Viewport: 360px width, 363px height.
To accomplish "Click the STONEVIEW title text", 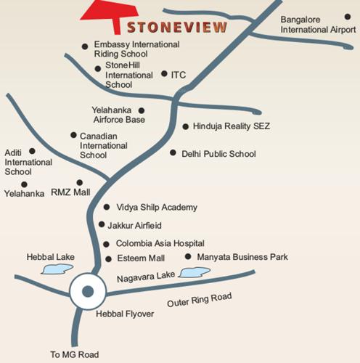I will coord(177,28).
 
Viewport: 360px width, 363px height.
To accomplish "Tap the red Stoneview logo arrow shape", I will coord(109,14).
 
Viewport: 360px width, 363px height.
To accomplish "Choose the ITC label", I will coord(179,74).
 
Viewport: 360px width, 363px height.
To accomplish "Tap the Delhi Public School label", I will coord(218,153).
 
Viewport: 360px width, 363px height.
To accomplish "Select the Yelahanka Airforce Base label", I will coord(119,115).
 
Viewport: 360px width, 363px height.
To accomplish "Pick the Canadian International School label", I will coord(103,145).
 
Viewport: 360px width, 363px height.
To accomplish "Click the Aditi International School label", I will coord(28,162).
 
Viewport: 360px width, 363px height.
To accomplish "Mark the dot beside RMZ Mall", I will coord(80,182).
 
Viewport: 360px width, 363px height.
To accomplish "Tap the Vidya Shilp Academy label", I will coord(156,208).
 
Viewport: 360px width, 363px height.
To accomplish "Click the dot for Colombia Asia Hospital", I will coord(107,244).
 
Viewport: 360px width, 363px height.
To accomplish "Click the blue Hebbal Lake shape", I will coord(55,269).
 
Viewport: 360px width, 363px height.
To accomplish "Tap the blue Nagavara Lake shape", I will coord(194,273).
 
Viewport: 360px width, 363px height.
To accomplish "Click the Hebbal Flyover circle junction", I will coord(88,292).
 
